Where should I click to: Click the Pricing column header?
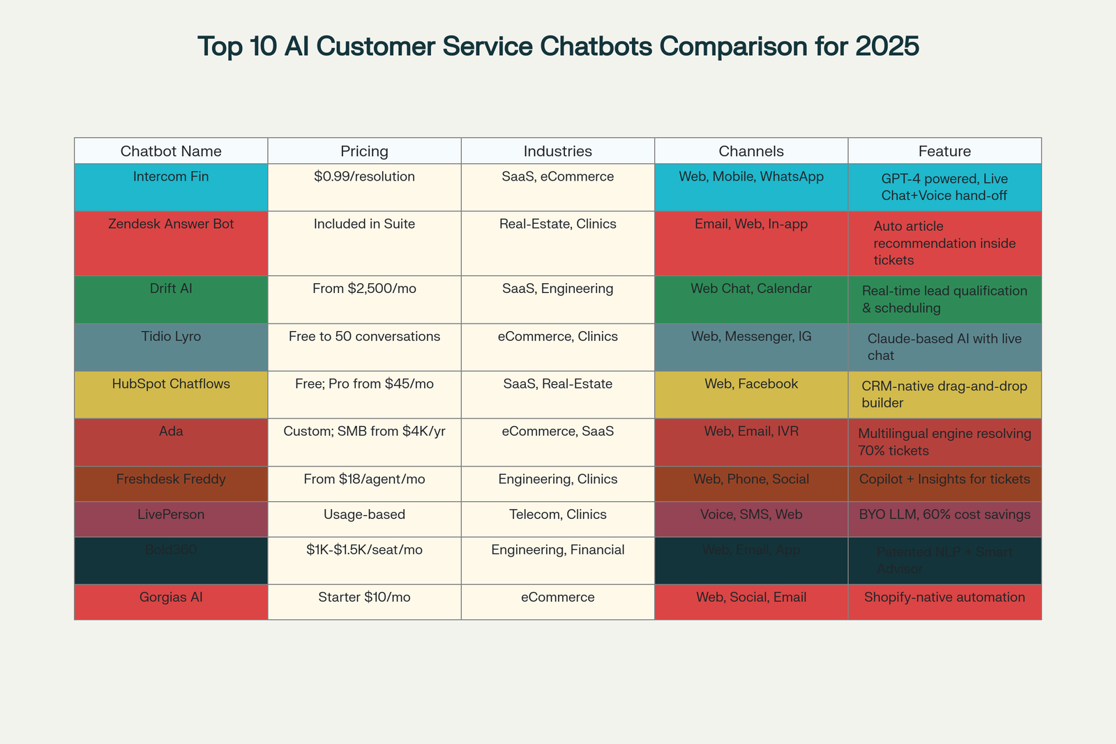pos(364,151)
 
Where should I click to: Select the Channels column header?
pos(751,151)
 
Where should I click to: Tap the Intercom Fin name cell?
pos(171,177)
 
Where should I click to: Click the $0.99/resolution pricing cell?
pos(364,177)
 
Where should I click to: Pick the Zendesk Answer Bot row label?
pos(171,225)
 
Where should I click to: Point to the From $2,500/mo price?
pos(364,289)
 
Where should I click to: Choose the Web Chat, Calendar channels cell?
pos(751,289)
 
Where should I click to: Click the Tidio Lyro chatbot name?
pos(171,337)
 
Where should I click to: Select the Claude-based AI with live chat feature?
pos(944,347)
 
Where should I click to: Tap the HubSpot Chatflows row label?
pos(171,384)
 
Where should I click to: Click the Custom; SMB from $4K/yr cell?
pos(364,432)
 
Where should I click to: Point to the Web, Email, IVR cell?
pos(751,432)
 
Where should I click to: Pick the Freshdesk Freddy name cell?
pos(171,480)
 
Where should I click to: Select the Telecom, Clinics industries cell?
pos(558,515)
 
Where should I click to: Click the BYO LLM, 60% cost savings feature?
pos(944,515)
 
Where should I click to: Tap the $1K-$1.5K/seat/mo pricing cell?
pos(364,550)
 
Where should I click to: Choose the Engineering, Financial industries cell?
pos(558,550)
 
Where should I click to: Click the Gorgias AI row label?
pos(171,598)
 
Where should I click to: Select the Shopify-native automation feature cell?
pos(944,598)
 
